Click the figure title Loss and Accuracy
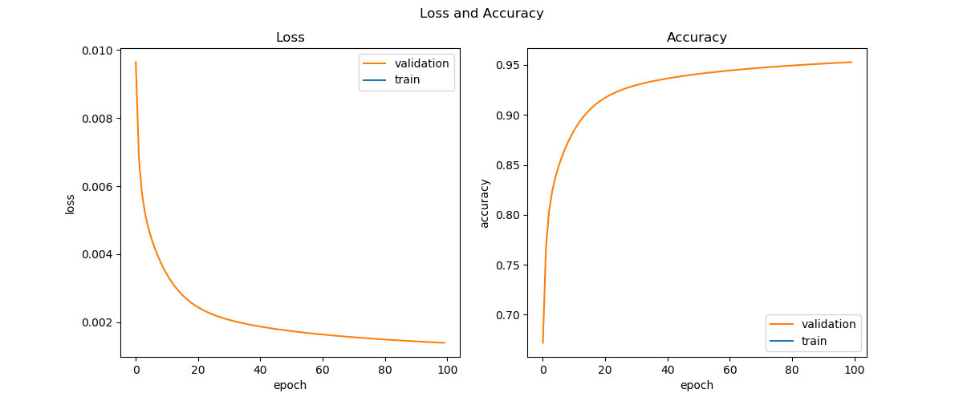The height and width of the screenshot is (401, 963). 481,14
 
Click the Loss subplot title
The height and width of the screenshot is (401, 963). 290,38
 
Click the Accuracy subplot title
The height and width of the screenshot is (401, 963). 697,38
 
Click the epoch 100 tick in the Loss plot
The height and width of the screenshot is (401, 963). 447,371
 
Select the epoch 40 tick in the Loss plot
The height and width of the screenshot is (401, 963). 260,371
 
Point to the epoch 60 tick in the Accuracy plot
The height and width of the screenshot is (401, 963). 729,371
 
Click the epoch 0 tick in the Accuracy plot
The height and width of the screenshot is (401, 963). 542,371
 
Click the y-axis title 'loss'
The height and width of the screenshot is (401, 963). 71,204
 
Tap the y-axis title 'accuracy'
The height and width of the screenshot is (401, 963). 484,203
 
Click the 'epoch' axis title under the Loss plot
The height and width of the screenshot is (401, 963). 290,385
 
